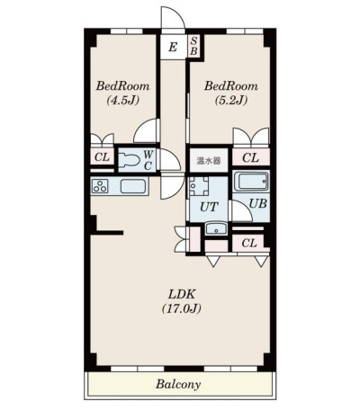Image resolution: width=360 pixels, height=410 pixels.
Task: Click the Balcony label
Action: coord(178,384)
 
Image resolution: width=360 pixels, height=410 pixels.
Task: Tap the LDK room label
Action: coord(182,294)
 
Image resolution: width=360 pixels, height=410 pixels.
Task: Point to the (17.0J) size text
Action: coord(182,308)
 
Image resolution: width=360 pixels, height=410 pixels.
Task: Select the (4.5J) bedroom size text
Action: coord(123,101)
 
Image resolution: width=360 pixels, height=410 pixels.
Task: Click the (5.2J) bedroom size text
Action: coord(231,101)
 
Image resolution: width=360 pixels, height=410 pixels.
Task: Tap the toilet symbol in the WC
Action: coord(130,159)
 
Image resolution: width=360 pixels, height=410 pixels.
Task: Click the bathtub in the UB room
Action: coord(251,182)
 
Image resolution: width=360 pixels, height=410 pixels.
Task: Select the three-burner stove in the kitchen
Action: coord(100,186)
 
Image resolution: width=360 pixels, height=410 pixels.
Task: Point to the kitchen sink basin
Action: coord(133,186)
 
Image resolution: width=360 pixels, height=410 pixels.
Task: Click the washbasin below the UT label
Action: coord(216,229)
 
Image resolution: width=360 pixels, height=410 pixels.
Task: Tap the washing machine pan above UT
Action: coord(199,186)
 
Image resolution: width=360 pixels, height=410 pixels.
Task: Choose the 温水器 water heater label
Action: coord(209,161)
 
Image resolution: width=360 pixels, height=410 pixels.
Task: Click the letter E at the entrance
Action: coord(173,47)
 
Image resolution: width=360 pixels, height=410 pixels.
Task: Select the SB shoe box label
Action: coord(193,46)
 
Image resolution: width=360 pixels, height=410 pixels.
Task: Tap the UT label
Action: coord(209,207)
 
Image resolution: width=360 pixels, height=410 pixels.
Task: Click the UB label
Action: coord(258,204)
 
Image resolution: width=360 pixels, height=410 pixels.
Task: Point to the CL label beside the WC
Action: coord(102,156)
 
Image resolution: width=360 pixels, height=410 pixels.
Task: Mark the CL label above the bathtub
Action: coord(250,157)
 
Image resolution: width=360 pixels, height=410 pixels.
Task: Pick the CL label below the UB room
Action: coord(249,243)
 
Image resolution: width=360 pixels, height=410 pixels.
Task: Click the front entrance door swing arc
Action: coord(180,13)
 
